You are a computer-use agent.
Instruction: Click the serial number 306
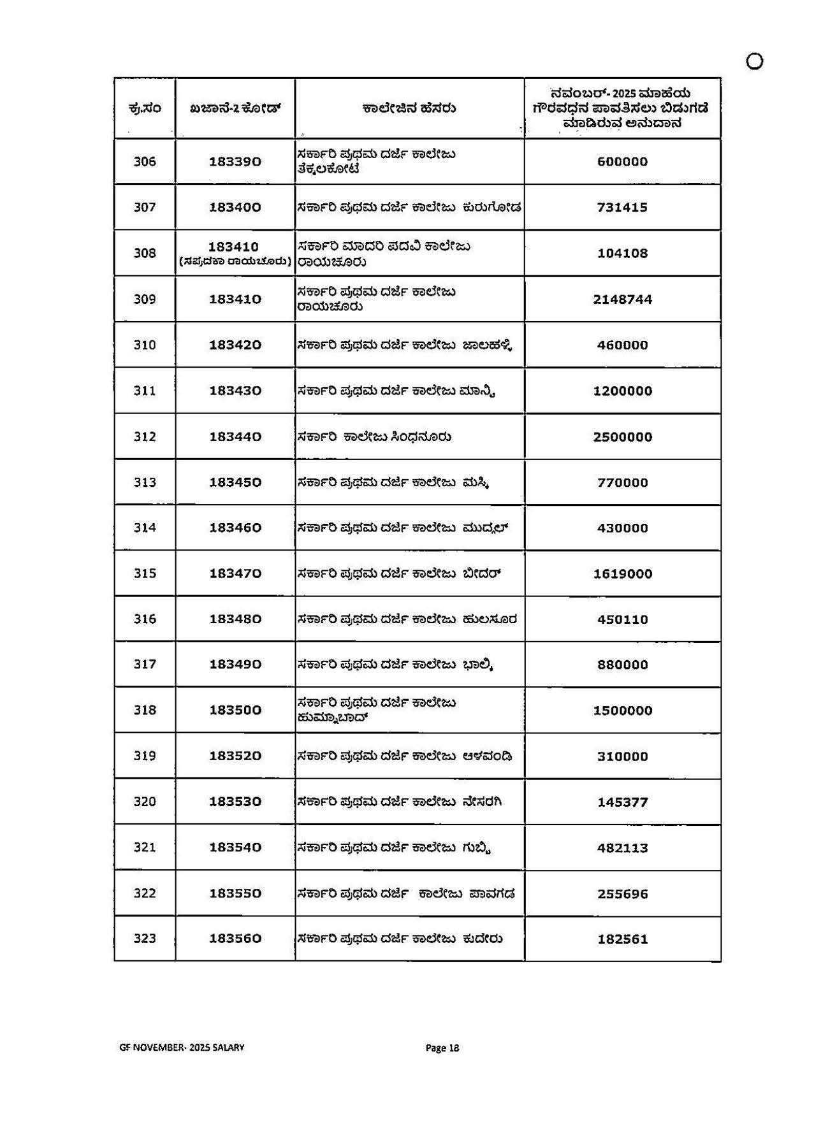pos(145,162)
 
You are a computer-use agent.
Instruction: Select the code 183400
pos(235,208)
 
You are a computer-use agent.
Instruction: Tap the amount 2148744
pos(622,299)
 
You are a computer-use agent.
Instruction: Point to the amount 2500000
pos(622,437)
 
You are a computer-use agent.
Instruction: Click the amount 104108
pos(622,254)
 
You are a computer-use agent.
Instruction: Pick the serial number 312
pos(145,437)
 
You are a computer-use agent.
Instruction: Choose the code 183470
pos(235,573)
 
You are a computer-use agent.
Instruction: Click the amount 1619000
pos(622,574)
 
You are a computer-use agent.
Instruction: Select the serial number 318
pos(145,711)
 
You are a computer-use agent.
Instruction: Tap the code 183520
pos(235,756)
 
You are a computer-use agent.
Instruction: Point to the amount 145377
pos(622,802)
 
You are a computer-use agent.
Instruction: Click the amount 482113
pos(622,848)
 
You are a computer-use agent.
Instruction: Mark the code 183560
pos(235,939)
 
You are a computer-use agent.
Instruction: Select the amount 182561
pos(622,939)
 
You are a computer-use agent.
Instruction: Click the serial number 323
pos(145,939)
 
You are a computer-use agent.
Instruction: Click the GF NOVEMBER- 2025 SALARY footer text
pos(182,1048)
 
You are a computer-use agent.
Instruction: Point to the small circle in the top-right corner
pos(754,61)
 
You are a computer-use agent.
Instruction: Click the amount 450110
pos(622,619)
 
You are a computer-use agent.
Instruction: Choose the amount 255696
pos(622,894)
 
